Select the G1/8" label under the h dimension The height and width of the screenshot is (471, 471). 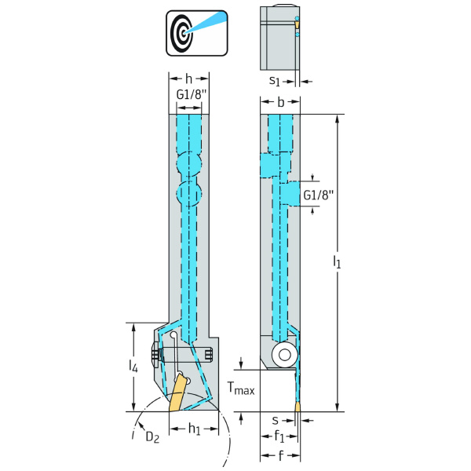tap(189, 95)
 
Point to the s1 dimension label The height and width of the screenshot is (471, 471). tap(275, 80)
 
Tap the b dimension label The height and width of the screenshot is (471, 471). tap(281, 102)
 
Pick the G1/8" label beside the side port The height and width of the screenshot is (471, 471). tap(319, 195)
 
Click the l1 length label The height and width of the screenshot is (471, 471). tap(337, 261)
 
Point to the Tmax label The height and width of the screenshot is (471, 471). tap(241, 387)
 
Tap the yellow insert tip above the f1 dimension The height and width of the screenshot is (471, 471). tap(298, 406)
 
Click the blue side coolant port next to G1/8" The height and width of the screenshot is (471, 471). tap(290, 194)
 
